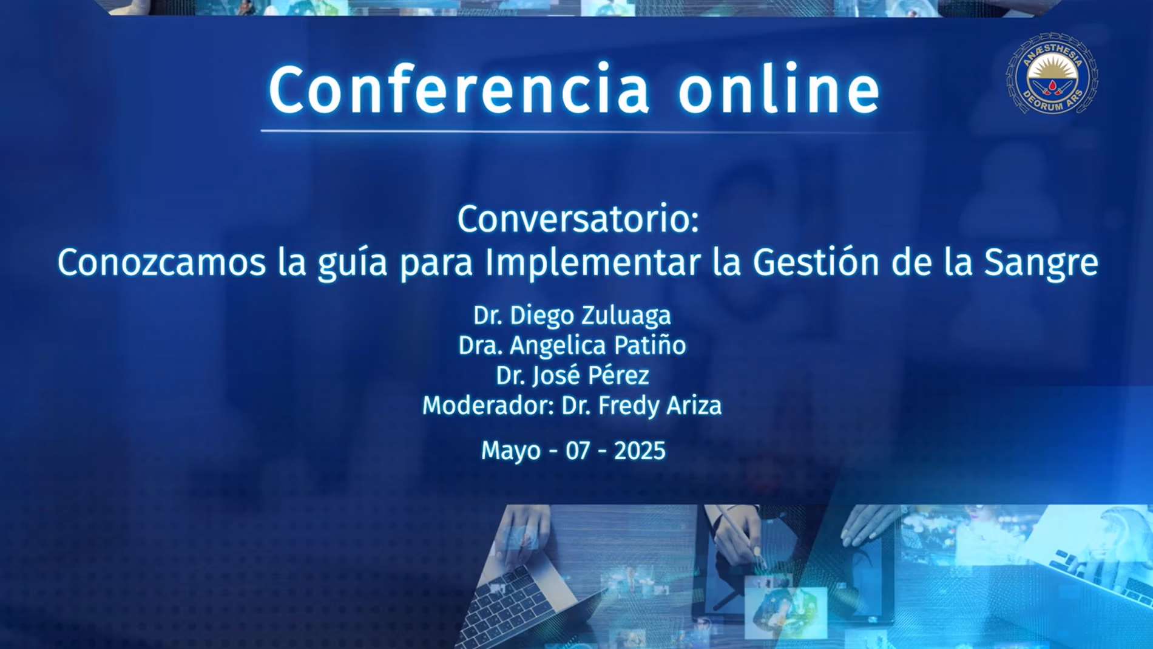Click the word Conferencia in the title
point(459,89)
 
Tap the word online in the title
point(779,89)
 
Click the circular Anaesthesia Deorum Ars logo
point(1052,74)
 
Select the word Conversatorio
point(578,219)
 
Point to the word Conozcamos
point(161,263)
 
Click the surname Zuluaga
point(626,316)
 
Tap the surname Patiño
point(650,345)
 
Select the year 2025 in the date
point(640,451)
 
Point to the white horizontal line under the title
point(587,131)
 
